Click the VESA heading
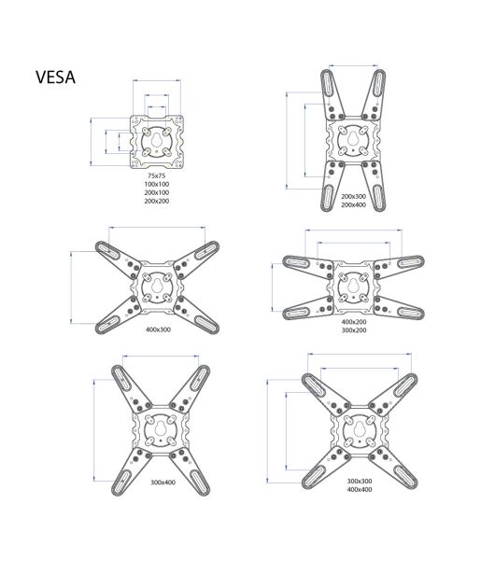[x=55, y=77]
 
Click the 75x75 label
[x=157, y=175]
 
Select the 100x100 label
[x=157, y=184]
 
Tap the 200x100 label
[x=157, y=192]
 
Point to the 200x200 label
[x=157, y=201]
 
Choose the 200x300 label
[x=353, y=196]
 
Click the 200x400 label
[x=353, y=204]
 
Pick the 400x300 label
[x=158, y=329]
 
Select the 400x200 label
[x=354, y=321]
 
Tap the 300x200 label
[x=354, y=330]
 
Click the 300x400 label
[x=163, y=482]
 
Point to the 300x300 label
[x=360, y=481]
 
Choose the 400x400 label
[x=360, y=489]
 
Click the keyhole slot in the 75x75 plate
[x=157, y=141]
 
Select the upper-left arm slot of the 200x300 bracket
[x=328, y=83]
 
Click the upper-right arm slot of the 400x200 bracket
[x=411, y=261]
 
